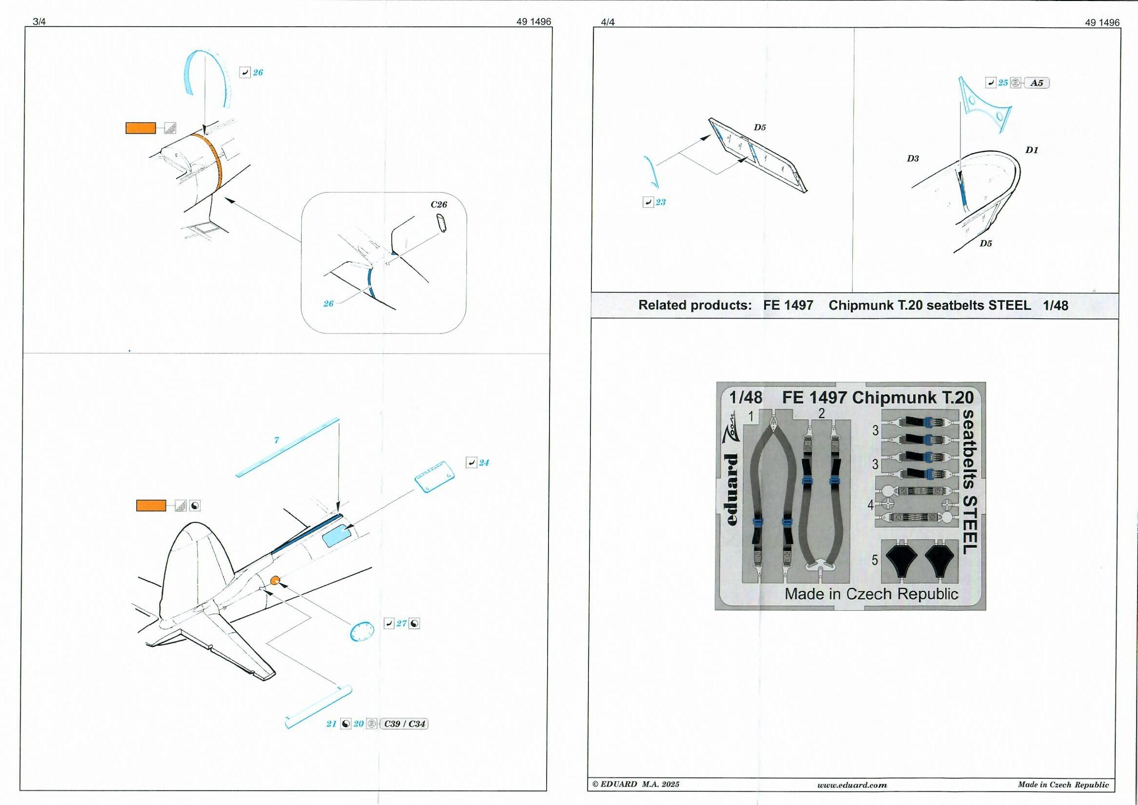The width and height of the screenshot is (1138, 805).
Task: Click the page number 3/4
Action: pyautogui.click(x=38, y=22)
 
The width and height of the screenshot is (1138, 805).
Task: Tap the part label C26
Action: pyautogui.click(x=439, y=204)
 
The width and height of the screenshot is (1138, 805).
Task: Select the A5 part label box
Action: pyautogui.click(x=1036, y=83)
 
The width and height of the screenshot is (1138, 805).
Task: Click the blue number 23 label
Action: pyautogui.click(x=660, y=202)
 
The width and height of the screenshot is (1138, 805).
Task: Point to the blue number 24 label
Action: pyautogui.click(x=484, y=462)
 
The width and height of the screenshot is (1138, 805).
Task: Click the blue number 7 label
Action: pyautogui.click(x=276, y=439)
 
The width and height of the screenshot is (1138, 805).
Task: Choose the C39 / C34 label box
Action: pyautogui.click(x=404, y=724)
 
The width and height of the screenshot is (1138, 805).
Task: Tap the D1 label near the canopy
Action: pyautogui.click(x=1031, y=150)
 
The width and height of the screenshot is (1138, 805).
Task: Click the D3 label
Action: pyautogui.click(x=913, y=159)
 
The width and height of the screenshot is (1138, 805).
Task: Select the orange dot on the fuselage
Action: pyautogui.click(x=275, y=580)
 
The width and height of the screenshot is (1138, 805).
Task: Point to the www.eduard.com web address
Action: pyautogui.click(x=852, y=785)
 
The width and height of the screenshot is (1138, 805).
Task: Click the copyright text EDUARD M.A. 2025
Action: pyautogui.click(x=636, y=784)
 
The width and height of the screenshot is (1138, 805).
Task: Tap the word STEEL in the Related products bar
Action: pyautogui.click(x=1009, y=305)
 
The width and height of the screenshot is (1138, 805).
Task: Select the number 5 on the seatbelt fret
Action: pyautogui.click(x=874, y=560)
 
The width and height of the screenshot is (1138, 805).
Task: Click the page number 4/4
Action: pyautogui.click(x=607, y=22)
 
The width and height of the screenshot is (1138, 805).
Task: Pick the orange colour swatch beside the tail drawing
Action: pyautogui.click(x=151, y=506)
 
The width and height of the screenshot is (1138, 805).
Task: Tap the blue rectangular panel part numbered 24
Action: pyautogui.click(x=435, y=476)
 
